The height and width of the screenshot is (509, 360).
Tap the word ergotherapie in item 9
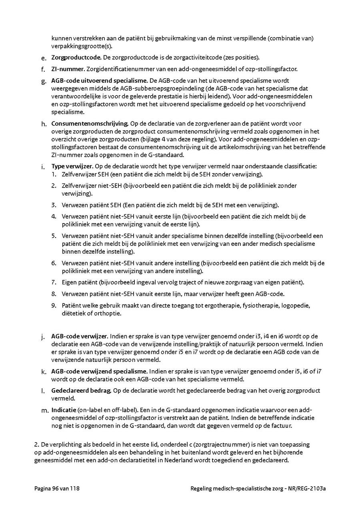207,305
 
